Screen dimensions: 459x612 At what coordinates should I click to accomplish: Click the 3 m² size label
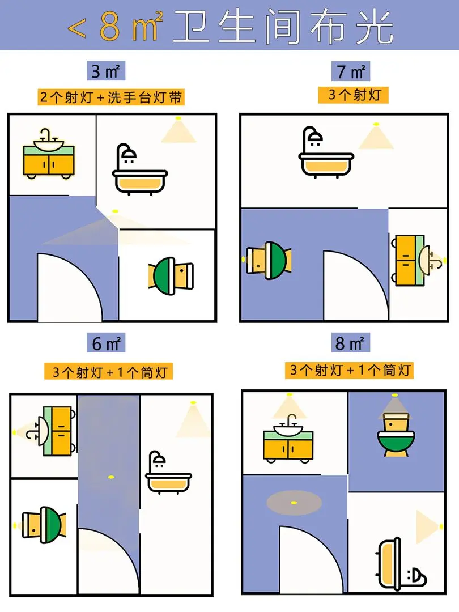pyautogui.click(x=106, y=71)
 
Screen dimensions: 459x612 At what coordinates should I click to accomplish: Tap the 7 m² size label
pyautogui.click(x=351, y=71)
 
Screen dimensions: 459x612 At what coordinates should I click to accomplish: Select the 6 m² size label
pyautogui.click(x=106, y=343)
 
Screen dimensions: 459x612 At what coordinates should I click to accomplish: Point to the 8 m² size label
pyautogui.click(x=350, y=343)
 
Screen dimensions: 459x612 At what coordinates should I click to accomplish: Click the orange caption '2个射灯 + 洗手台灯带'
pyautogui.click(x=111, y=97)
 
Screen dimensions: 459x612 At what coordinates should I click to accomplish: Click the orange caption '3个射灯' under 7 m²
pyautogui.click(x=353, y=95)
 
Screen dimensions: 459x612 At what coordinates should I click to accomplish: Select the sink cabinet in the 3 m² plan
pyautogui.click(x=49, y=154)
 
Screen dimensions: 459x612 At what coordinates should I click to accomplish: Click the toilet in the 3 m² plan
pyautogui.click(x=171, y=275)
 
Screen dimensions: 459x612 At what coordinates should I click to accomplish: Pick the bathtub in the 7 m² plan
pyautogui.click(x=326, y=152)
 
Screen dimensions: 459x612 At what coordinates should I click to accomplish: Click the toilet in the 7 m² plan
pyautogui.click(x=269, y=260)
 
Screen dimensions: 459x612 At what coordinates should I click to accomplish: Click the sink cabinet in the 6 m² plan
pyautogui.click(x=51, y=431)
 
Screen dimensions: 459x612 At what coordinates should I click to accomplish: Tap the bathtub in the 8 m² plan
pyautogui.click(x=401, y=564)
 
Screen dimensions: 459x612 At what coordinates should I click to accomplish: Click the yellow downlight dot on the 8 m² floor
pyautogui.click(x=294, y=502)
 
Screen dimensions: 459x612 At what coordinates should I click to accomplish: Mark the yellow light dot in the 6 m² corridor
pyautogui.click(x=111, y=477)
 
